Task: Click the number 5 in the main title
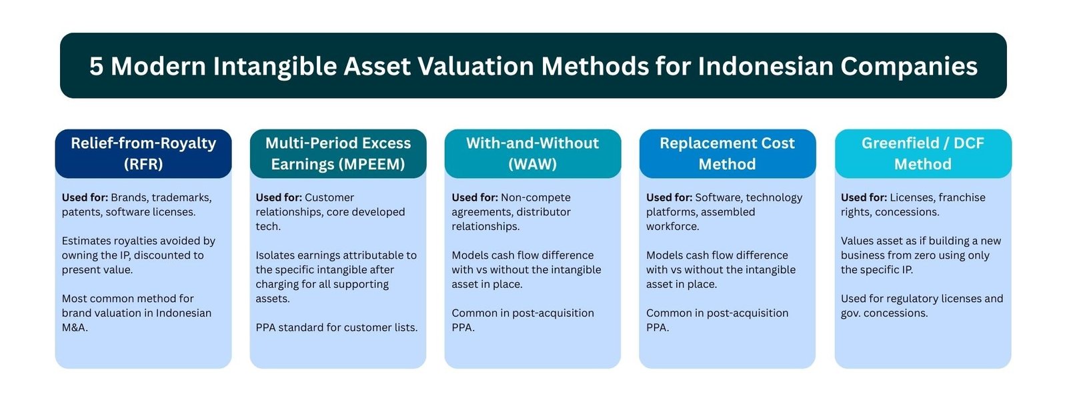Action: (x=97, y=67)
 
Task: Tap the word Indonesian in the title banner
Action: (x=765, y=67)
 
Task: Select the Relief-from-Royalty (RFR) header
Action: (x=143, y=153)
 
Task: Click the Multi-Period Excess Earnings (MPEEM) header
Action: (x=338, y=153)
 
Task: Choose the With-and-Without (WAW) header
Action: (x=532, y=153)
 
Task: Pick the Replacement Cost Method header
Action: (x=727, y=153)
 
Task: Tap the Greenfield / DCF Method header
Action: (x=922, y=153)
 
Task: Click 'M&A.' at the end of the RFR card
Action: (x=75, y=327)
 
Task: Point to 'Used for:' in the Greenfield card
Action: (x=864, y=197)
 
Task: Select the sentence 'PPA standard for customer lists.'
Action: (x=337, y=327)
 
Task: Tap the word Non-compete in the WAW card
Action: (x=536, y=197)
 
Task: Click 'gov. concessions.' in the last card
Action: (x=884, y=313)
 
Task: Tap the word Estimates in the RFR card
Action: (x=87, y=241)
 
